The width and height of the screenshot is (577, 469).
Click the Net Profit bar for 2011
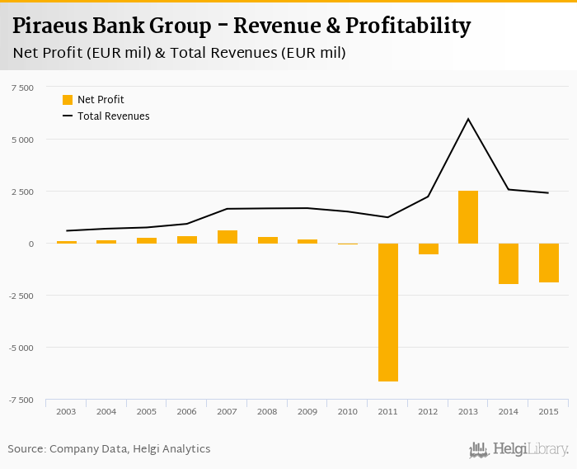pyautogui.click(x=387, y=312)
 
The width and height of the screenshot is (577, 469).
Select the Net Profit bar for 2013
pyautogui.click(x=468, y=217)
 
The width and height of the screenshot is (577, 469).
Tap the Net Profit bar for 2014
pyautogui.click(x=508, y=263)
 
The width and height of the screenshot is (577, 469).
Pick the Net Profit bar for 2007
pyautogui.click(x=228, y=237)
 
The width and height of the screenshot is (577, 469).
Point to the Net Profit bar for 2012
pyautogui.click(x=428, y=249)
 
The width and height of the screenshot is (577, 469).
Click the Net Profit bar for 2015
pyautogui.click(x=548, y=263)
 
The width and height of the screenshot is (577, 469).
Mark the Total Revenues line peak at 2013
pyautogui.click(x=468, y=119)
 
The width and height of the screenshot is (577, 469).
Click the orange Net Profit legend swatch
pyautogui.click(x=68, y=100)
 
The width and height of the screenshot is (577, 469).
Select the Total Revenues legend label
pyautogui.click(x=114, y=116)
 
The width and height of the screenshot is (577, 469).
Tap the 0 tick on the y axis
pyautogui.click(x=31, y=244)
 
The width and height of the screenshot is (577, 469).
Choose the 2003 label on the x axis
pyautogui.click(x=67, y=411)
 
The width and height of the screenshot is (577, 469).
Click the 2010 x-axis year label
pyautogui.click(x=347, y=411)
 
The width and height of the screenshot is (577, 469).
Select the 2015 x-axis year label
pyautogui.click(x=548, y=411)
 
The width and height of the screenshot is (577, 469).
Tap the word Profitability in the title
pyautogui.click(x=408, y=26)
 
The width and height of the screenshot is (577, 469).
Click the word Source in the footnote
pyautogui.click(x=26, y=449)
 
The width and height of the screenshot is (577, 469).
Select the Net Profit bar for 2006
pyautogui.click(x=187, y=239)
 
